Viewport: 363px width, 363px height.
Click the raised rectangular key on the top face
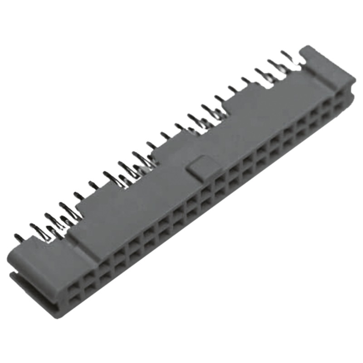(x=200, y=167)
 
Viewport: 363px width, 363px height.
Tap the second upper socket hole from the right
(x=326, y=105)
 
